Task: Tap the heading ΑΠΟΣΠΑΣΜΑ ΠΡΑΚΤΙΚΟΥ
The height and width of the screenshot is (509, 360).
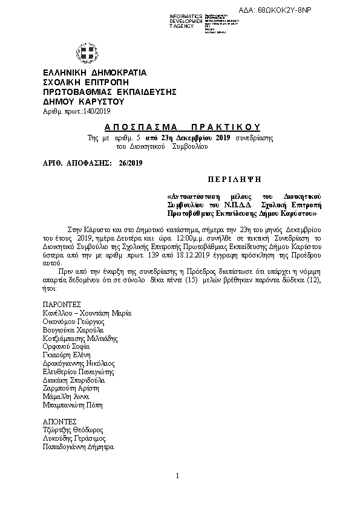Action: point(182,128)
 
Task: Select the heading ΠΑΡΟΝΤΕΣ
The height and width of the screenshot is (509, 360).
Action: point(62,303)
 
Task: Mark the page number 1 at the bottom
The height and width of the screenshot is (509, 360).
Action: point(178,476)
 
